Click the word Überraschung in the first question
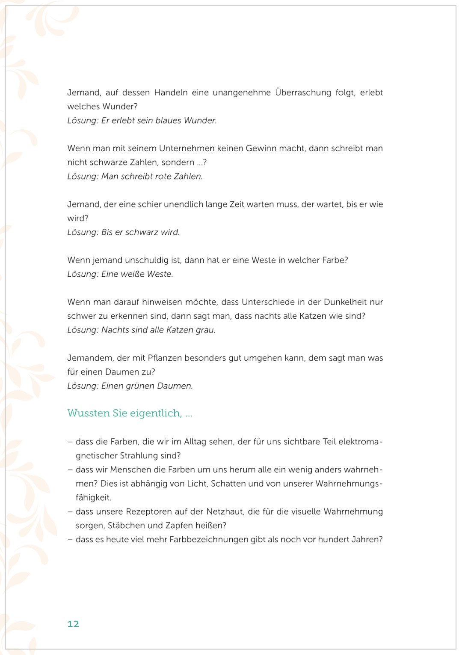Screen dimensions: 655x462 [303, 93]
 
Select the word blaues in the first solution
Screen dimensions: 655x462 [168, 120]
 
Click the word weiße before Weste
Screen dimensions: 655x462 [124, 274]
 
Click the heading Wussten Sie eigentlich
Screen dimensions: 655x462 [130, 413]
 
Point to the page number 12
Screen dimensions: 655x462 [73, 624]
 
